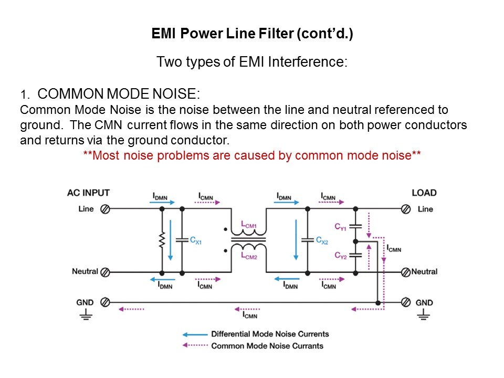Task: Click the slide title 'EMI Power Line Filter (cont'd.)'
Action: click(x=252, y=34)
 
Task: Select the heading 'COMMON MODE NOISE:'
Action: click(x=119, y=94)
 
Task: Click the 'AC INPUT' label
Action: click(x=88, y=193)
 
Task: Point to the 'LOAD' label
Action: click(x=424, y=193)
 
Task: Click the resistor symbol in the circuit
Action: click(x=162, y=240)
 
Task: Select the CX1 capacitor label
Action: click(x=196, y=240)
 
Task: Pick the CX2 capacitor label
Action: click(x=322, y=240)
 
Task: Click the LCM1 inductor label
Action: click(x=249, y=226)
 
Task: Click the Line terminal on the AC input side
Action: click(x=105, y=209)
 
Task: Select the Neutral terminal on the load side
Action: click(x=406, y=272)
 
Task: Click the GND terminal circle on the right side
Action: click(x=406, y=302)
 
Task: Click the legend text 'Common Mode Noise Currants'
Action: click(x=267, y=346)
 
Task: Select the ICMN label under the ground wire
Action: click(x=250, y=314)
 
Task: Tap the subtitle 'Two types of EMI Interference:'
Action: click(x=252, y=62)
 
